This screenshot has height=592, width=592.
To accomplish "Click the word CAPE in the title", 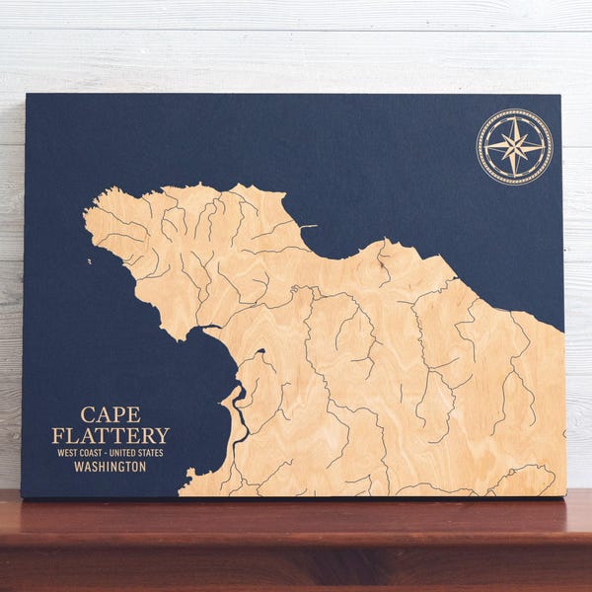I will [110, 415].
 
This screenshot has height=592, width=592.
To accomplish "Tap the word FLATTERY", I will [110, 435].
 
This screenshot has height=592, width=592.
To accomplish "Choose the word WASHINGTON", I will [110, 467].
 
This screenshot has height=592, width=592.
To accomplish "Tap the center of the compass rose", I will [515, 147].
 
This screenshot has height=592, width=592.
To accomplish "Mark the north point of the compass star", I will [515, 118].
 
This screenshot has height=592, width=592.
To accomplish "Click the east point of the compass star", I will [544, 147].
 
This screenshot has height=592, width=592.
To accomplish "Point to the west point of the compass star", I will [486, 147].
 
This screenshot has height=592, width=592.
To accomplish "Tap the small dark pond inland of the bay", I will [260, 351].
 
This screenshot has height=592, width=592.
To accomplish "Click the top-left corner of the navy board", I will [27, 95].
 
